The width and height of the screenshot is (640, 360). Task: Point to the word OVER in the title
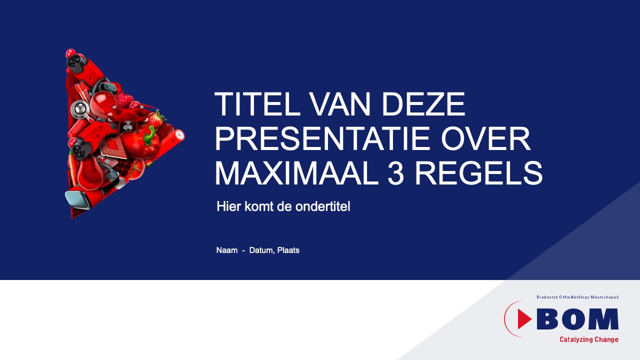coord(485,138)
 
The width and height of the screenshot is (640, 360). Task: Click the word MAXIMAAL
coord(296,173)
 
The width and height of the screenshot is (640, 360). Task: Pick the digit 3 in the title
coord(395,173)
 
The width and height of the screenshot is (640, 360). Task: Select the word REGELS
coord(478,173)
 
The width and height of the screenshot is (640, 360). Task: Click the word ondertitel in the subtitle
coord(322,206)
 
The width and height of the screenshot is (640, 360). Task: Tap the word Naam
coord(227,250)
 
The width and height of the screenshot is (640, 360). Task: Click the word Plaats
coord(288,250)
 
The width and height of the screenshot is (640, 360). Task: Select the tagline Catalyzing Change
coord(589,339)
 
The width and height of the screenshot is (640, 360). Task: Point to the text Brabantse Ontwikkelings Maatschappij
coord(577,297)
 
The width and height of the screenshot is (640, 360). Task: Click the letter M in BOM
coord(604,319)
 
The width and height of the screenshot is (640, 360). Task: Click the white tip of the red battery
coord(179,135)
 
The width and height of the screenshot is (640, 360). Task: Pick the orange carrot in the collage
coord(72,168)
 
